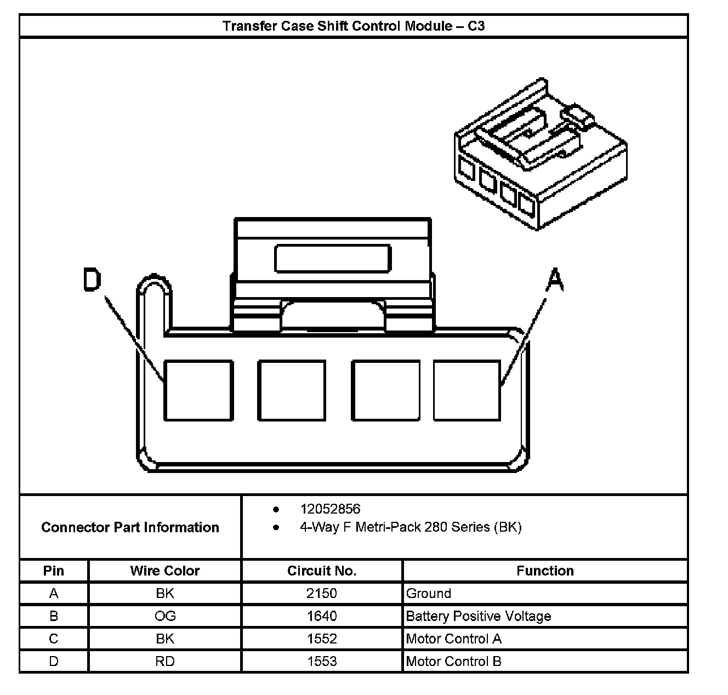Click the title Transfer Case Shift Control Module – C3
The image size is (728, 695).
coord(354,26)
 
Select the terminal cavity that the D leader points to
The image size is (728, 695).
coord(198,390)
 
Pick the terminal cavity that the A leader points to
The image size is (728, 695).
coord(467,390)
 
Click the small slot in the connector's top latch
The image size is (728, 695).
coord(333,259)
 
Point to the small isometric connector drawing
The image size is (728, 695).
coord(540,156)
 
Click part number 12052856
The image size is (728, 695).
coord(330,509)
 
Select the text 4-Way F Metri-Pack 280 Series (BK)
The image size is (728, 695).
coord(411,527)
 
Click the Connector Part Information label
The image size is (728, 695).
coord(130,527)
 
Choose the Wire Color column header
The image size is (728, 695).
coord(164,571)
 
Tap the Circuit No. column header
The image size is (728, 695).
coord(322,571)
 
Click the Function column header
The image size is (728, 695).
coord(545,571)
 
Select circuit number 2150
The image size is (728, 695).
coord(322,593)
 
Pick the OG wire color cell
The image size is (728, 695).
coord(165,616)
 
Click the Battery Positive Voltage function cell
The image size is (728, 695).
coord(478,616)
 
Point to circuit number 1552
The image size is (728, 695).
coord(322,639)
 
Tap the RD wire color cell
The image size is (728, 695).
coord(165,661)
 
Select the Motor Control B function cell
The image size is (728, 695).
coord(453,661)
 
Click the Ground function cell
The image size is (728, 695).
coord(429,593)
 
